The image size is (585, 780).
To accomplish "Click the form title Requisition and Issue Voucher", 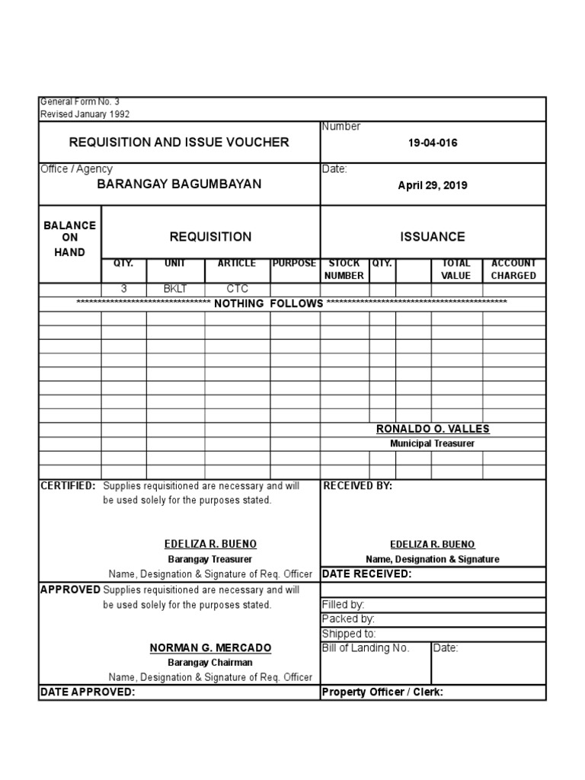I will click(179, 142).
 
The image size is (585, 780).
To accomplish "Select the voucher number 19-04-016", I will click(433, 143).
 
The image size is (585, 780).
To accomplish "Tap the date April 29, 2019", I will click(433, 185).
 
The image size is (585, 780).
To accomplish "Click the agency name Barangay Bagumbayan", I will click(179, 184).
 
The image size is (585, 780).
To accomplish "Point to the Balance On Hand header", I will click(69, 238).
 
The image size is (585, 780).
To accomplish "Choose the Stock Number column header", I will click(344, 269).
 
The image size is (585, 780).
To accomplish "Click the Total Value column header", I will click(456, 269).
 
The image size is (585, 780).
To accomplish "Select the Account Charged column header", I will click(513, 269).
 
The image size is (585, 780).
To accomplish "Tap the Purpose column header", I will click(294, 264).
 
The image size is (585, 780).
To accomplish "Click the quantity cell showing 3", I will click(124, 289).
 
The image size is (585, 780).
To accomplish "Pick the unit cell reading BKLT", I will click(175, 289).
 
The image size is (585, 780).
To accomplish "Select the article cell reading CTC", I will click(237, 289).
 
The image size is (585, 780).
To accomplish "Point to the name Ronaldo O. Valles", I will click(433, 430).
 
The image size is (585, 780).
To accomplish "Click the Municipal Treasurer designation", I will click(433, 443).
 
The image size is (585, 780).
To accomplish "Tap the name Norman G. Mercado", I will click(210, 648).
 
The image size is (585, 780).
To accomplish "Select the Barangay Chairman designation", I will click(210, 663).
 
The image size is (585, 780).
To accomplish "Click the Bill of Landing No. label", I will click(366, 648).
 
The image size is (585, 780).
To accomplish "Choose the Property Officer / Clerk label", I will click(382, 692).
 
